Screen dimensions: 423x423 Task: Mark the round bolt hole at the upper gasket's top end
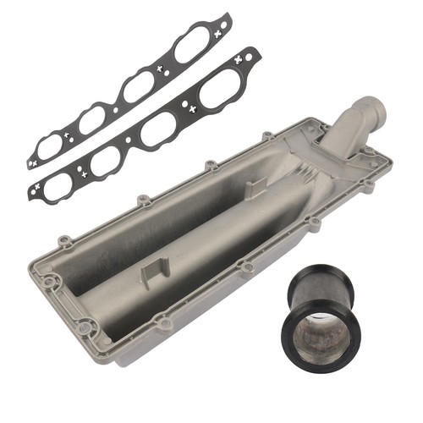[222, 19]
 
